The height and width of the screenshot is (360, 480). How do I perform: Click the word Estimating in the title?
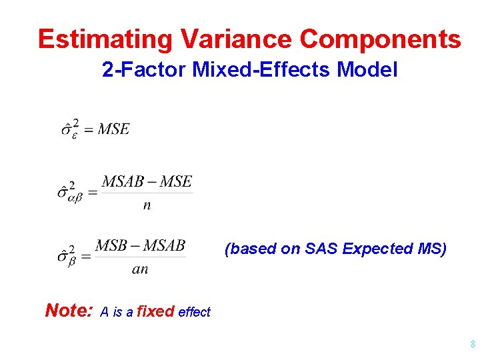coord(105,39)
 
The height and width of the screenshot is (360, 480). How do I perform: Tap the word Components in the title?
coord(381,39)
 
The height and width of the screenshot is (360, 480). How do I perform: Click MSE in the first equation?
coord(114,129)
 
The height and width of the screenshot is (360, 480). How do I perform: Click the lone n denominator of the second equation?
coord(147,205)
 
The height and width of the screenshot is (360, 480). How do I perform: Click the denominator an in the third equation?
coord(140,269)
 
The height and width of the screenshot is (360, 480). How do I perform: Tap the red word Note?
coord(69,310)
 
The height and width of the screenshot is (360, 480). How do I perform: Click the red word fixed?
coord(155,311)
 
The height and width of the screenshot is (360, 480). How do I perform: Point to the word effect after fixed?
coord(194,312)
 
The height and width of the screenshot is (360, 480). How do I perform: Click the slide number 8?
coord(472,345)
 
